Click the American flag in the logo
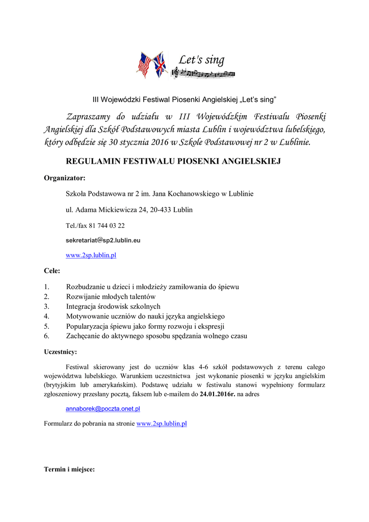(x=144, y=64)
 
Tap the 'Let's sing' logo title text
(x=201, y=60)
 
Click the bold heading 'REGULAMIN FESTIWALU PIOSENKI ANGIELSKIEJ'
(x=174, y=162)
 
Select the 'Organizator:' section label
(x=64, y=178)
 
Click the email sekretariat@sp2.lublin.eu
(x=103, y=240)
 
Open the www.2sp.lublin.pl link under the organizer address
(x=91, y=255)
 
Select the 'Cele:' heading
(x=52, y=270)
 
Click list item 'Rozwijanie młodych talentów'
(x=111, y=297)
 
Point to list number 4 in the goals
(x=46, y=316)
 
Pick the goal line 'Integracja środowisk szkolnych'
(x=113, y=306)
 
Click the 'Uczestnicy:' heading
(x=61, y=352)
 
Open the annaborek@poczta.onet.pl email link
(x=103, y=409)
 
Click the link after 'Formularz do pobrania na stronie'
(x=162, y=424)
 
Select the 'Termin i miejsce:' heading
(x=69, y=469)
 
